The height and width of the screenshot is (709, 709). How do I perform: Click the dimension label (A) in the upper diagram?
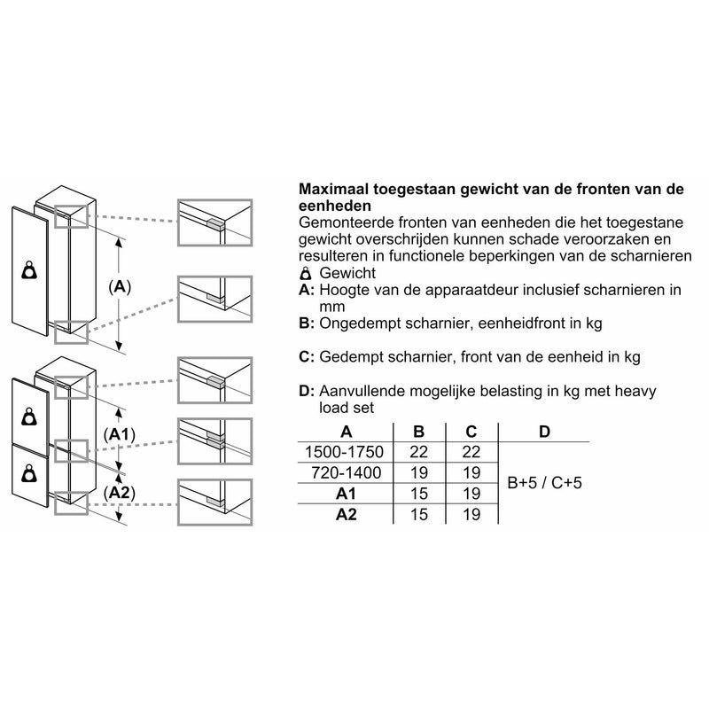point(119,287)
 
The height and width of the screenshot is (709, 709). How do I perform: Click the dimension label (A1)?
point(119,434)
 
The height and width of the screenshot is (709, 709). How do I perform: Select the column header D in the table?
point(544,432)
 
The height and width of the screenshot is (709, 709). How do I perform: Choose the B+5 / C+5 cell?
point(544,484)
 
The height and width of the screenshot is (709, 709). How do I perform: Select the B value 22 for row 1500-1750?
point(419,453)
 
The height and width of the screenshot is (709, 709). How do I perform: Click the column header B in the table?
point(419,432)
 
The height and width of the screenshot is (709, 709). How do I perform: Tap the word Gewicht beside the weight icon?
point(348,273)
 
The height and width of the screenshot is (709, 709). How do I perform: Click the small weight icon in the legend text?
point(307,273)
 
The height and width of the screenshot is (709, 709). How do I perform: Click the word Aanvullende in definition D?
point(362,391)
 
